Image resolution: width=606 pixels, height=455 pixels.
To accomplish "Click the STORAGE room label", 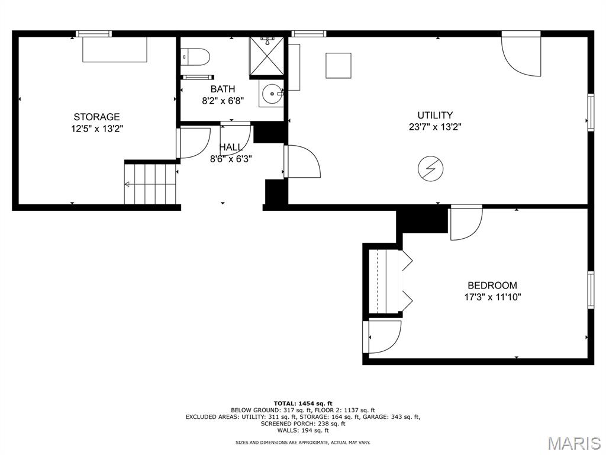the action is point(96,117).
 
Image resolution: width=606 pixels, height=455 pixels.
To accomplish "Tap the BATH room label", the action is point(223,89).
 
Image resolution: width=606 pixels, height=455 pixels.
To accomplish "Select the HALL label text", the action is point(231,148).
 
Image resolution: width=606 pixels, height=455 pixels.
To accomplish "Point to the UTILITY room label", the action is point(435,116).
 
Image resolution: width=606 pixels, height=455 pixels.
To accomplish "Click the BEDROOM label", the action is point(492,286).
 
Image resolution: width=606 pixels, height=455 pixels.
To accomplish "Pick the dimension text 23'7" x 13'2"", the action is point(435,127).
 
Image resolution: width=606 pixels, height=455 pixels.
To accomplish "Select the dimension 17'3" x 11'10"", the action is point(492,297).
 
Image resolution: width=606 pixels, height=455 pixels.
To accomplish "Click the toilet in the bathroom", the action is point(195,56).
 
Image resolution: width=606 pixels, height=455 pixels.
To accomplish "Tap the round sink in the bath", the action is point(272,94).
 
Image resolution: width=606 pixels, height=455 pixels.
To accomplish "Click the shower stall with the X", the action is point(267,56).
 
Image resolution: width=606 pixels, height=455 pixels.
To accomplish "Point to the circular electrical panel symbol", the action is point(431,169).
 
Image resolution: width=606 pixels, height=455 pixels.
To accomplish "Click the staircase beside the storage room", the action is point(150,184).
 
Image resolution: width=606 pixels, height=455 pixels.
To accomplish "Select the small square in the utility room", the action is point(338,66).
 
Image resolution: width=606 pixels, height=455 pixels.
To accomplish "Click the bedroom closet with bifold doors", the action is point(388,281).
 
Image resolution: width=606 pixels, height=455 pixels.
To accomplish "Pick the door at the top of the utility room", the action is point(521,54).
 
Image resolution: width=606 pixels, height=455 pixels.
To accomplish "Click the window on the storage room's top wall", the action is point(94,34).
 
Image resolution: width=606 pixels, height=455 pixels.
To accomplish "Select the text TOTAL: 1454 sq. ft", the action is point(303,403).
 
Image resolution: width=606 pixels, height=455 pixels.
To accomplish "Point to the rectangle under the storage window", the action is point(115,50).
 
